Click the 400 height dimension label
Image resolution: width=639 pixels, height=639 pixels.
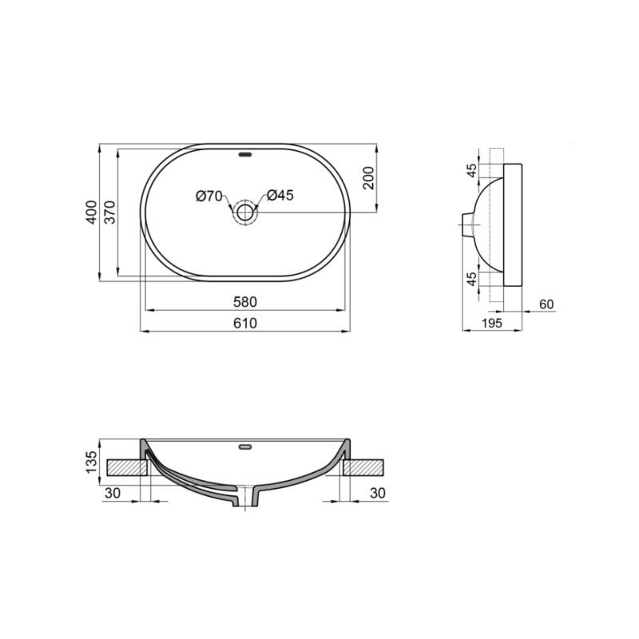coord(92,212)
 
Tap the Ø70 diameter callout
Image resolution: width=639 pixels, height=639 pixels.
coord(208,196)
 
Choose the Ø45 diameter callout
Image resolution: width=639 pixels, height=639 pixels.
coord(280,196)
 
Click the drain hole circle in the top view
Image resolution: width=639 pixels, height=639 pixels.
coord(244,212)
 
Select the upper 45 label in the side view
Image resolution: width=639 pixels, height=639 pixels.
coord(472,170)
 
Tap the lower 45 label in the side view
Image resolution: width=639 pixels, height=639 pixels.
coord(472,278)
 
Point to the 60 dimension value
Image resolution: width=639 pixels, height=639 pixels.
coord(546,304)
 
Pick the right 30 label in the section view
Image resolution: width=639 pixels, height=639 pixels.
coord(378,494)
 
